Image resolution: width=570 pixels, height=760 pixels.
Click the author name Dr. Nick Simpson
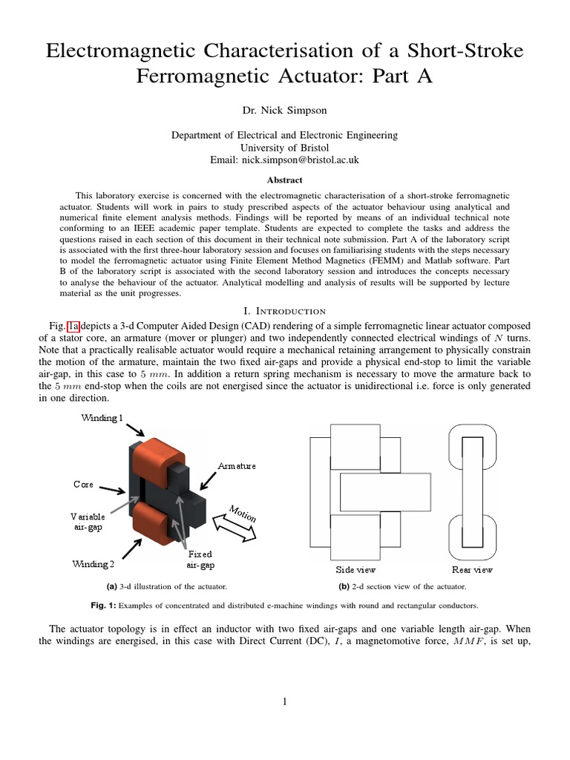pyautogui.click(x=284, y=111)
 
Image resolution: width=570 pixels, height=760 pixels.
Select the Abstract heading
pyautogui.click(x=284, y=180)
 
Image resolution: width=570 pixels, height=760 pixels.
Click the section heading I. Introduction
pyautogui.click(x=284, y=310)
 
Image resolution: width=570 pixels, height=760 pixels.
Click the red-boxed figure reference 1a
pyautogui.click(x=73, y=326)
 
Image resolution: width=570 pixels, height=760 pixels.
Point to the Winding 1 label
pyautogui.click(x=102, y=418)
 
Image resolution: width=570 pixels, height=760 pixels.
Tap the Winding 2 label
pyautogui.click(x=94, y=564)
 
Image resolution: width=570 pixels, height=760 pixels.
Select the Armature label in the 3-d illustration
pyautogui.click(x=236, y=465)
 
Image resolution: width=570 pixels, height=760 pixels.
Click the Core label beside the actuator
pyautogui.click(x=83, y=484)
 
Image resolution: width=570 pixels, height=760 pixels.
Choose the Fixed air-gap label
pyautogui.click(x=200, y=560)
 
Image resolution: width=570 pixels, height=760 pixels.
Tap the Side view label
pyautogui.click(x=356, y=570)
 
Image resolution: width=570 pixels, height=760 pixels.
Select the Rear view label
pyautogui.click(x=472, y=570)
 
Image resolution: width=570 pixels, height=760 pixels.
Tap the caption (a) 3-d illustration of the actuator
pyautogui.click(x=167, y=586)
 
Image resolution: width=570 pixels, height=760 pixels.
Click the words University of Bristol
pyautogui.click(x=284, y=148)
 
